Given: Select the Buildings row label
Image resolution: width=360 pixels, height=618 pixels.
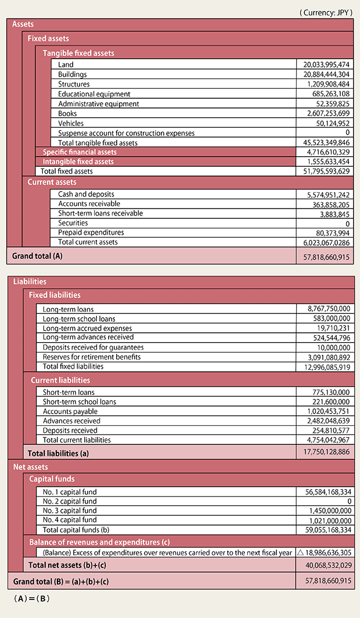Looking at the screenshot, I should pos(73,74).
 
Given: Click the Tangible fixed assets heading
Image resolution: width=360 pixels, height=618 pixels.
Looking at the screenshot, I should pos(78,53).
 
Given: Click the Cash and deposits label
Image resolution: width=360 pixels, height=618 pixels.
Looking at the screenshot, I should pos(86,194).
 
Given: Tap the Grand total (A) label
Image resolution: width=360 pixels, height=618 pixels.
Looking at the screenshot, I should pos(37,256).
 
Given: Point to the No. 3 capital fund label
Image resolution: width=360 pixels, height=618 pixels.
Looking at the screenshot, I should pos(70,511).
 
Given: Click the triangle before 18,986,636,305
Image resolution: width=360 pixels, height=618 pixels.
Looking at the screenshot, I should pos(300,553).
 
